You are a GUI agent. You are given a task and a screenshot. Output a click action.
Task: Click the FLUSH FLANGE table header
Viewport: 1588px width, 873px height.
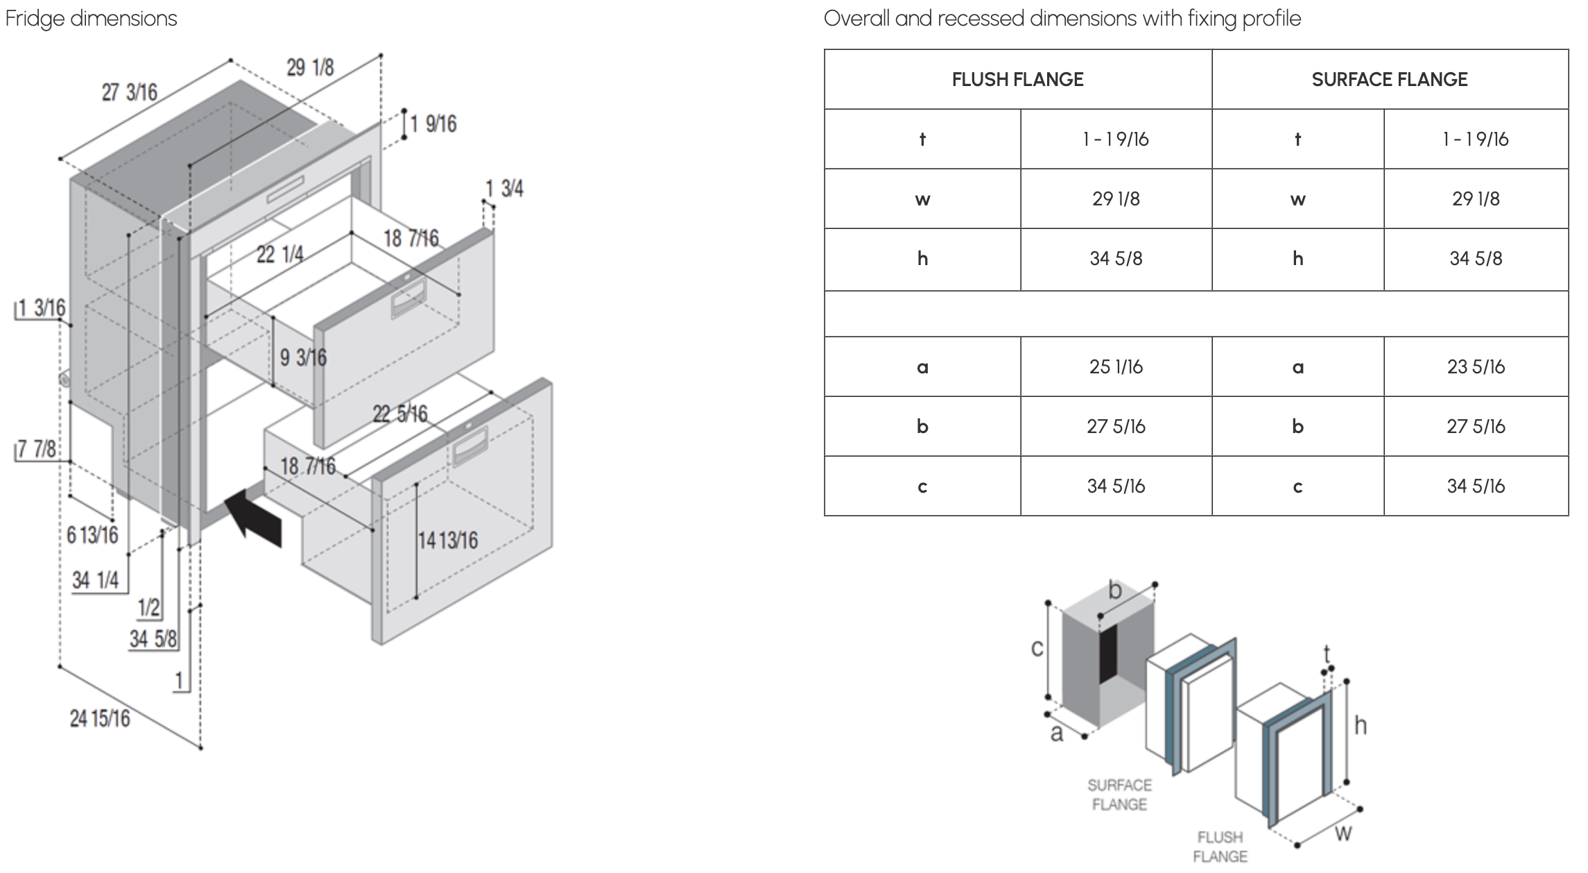point(1017,80)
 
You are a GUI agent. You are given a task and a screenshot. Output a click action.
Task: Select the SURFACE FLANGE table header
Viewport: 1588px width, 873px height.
point(1389,80)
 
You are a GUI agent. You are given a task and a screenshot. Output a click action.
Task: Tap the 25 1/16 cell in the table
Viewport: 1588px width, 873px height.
point(1115,366)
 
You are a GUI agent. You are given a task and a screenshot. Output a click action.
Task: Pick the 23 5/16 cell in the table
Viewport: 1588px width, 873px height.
point(1475,366)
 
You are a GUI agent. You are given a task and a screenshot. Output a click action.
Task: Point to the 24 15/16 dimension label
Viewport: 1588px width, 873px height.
point(99,718)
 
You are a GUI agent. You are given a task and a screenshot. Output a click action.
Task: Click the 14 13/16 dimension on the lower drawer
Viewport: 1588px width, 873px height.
point(448,540)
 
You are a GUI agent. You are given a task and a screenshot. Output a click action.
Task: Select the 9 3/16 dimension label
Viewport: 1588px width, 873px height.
point(303,357)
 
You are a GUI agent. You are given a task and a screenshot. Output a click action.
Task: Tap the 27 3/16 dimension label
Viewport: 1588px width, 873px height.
point(130,92)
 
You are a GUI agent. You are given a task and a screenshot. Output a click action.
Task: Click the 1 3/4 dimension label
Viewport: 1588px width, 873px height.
point(504,188)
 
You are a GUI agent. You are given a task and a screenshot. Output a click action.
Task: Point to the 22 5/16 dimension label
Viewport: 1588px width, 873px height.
point(400,414)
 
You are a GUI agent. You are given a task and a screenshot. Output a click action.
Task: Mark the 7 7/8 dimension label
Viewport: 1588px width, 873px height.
point(37,449)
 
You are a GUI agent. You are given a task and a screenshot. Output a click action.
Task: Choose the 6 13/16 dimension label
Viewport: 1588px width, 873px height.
point(92,535)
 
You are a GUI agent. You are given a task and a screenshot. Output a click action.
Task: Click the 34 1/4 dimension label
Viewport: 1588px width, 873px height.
point(96,579)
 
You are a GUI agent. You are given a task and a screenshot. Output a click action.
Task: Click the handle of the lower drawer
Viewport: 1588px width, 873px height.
point(469,445)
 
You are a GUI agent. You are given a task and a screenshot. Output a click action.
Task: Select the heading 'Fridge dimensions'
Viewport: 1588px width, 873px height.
point(91,18)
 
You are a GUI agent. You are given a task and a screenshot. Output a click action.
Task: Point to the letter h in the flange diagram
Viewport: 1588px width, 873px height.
point(1360,726)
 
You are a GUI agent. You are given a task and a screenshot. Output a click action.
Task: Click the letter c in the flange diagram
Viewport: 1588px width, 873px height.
point(1037,648)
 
